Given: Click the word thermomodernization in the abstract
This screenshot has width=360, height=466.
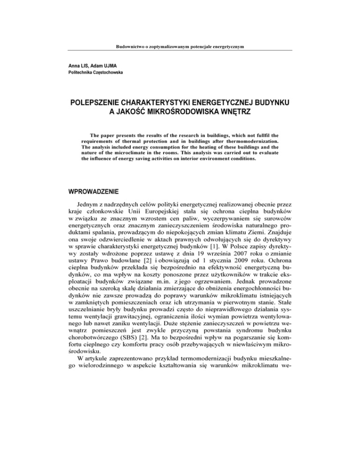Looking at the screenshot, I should tap(256, 140).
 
